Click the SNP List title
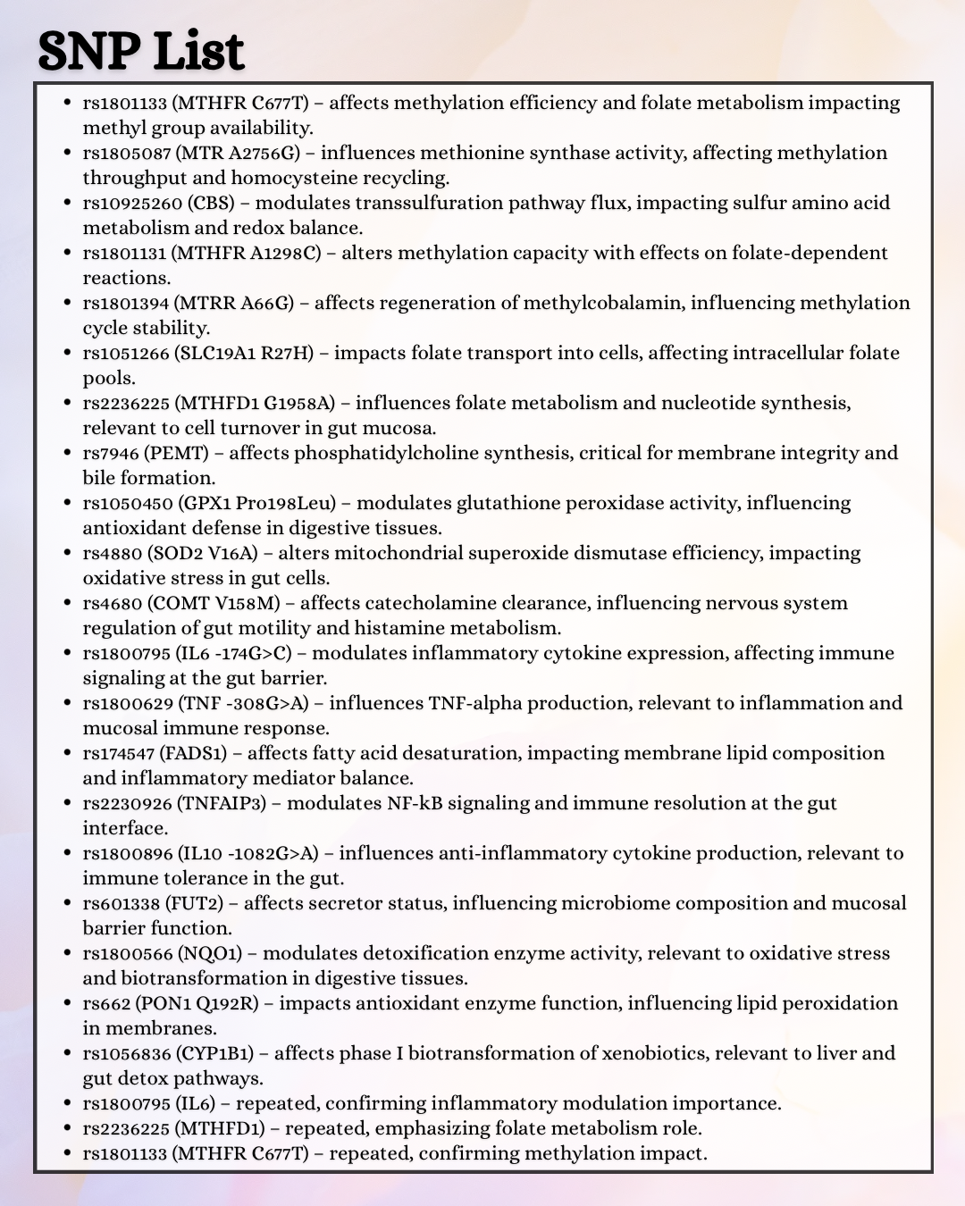point(141,51)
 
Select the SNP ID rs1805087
point(127,153)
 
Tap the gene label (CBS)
point(211,203)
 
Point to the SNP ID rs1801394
point(125,303)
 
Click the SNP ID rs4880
point(112,553)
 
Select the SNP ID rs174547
point(118,753)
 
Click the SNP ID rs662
point(105,1003)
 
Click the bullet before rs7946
point(67,453)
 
